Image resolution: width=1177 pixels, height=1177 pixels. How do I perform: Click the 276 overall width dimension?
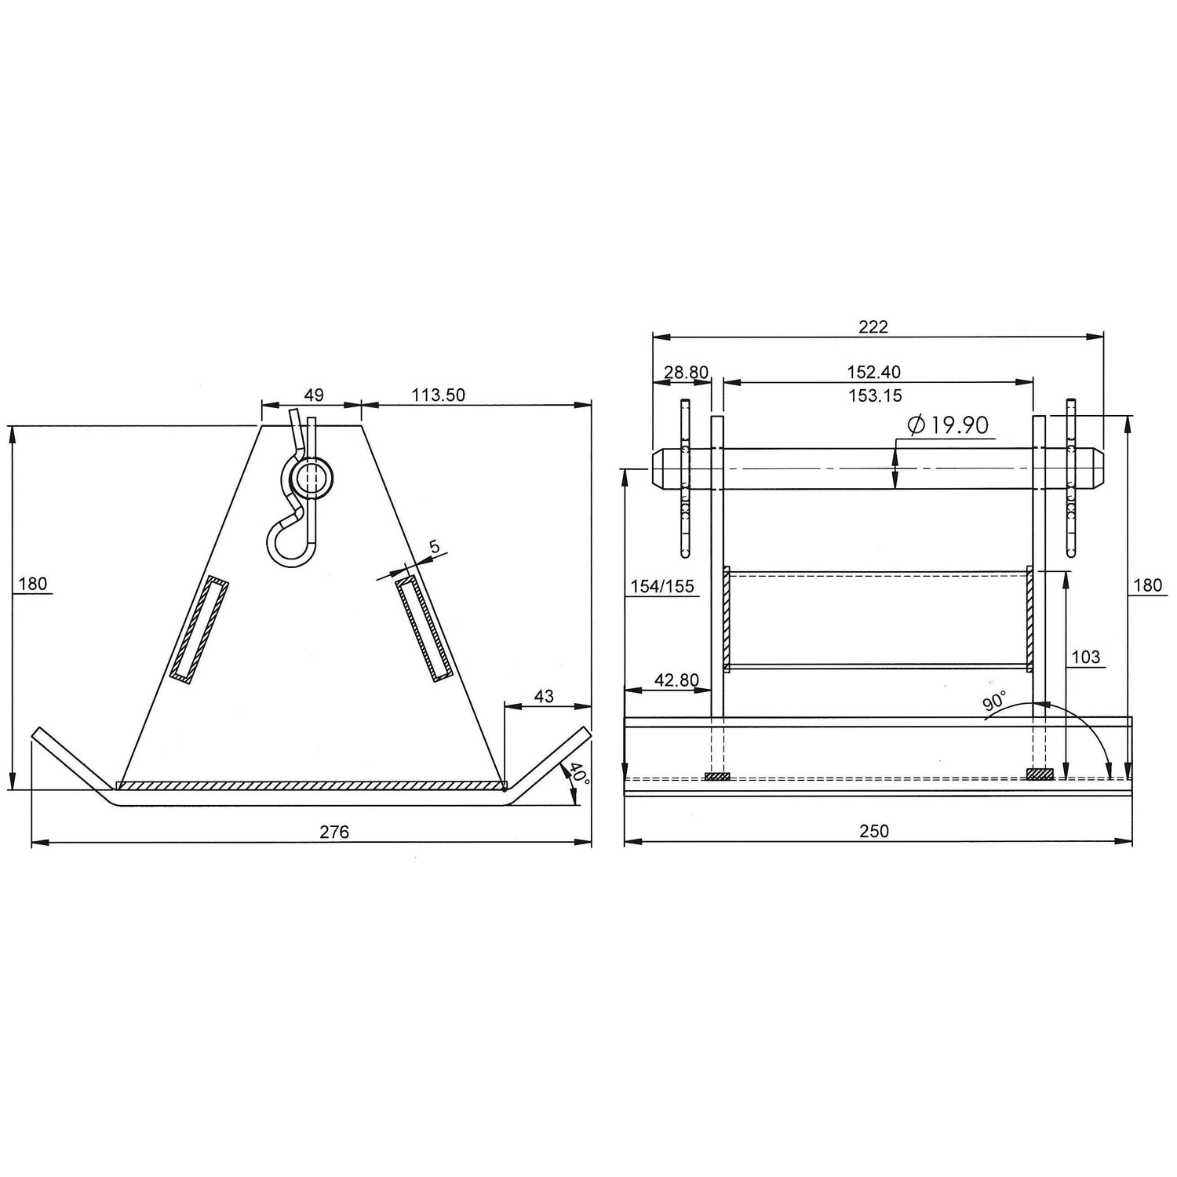coord(334,831)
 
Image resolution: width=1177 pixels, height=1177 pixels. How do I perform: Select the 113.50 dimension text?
coord(439,395)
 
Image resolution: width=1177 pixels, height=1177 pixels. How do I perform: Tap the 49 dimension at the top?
coord(313,395)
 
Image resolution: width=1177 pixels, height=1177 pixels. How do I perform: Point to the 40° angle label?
coord(579,774)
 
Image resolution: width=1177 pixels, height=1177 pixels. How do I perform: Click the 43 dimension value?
coord(543,696)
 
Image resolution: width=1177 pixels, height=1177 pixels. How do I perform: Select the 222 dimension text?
coord(873,326)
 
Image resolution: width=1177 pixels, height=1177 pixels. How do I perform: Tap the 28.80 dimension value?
coord(686,372)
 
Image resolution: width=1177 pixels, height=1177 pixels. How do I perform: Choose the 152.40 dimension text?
coord(873,372)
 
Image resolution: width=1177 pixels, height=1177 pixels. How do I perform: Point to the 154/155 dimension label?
coord(662,586)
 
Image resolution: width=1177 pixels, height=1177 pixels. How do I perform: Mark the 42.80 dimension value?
coord(676,680)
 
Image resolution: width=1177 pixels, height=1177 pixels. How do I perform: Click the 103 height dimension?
coord(1085,657)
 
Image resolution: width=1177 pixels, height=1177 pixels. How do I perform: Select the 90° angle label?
coord(994,701)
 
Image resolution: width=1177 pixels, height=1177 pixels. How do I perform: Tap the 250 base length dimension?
coord(874,831)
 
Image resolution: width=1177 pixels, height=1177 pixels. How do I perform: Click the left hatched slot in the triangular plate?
coord(199,629)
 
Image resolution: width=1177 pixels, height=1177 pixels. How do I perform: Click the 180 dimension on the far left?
coord(32,584)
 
